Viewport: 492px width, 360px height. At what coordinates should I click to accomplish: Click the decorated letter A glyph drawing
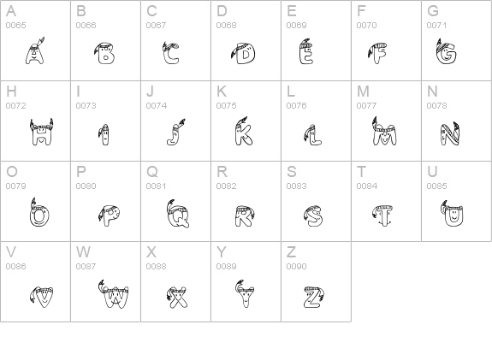tap(35, 51)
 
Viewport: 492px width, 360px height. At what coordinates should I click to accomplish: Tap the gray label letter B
tap(81, 11)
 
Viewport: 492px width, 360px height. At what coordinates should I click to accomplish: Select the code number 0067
tap(156, 26)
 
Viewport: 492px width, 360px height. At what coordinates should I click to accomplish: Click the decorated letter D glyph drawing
tap(243, 53)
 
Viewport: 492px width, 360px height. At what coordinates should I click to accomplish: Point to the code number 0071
tap(436, 26)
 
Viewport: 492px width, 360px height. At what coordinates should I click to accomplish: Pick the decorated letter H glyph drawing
tap(41, 132)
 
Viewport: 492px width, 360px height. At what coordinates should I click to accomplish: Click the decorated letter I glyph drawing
tap(104, 135)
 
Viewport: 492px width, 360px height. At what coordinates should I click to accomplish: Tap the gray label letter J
tap(151, 91)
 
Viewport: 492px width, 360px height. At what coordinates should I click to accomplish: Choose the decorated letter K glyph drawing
tap(243, 132)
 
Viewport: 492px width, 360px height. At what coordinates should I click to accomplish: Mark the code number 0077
tap(366, 106)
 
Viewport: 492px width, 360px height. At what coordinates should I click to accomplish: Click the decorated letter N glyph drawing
tap(449, 133)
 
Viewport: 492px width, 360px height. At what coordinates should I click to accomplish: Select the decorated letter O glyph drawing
tap(39, 212)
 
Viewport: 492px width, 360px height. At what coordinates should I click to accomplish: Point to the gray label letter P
tap(81, 172)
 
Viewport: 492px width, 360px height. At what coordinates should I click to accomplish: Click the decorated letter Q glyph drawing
tap(178, 214)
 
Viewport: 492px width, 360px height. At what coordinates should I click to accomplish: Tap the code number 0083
tap(297, 186)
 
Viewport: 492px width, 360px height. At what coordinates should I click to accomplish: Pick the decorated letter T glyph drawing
tap(382, 215)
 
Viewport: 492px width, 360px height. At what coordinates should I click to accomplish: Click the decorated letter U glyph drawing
tap(452, 214)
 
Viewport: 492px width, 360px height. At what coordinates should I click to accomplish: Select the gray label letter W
tap(83, 252)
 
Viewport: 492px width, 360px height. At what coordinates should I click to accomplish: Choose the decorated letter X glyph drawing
tap(176, 297)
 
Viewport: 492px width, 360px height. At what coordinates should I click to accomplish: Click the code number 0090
tap(297, 266)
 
